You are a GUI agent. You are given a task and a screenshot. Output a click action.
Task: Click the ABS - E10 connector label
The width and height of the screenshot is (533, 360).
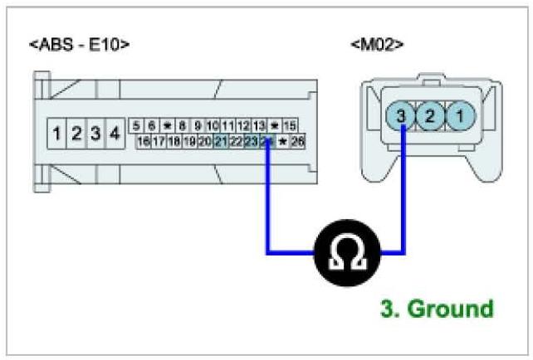pyautogui.click(x=79, y=44)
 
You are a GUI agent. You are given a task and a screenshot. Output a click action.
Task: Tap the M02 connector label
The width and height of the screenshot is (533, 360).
pyautogui.click(x=377, y=42)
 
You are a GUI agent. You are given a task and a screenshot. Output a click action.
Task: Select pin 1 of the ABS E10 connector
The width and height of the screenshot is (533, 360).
pyautogui.click(x=56, y=133)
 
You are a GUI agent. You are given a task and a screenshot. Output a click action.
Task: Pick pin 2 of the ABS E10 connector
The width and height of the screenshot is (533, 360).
pyautogui.click(x=76, y=133)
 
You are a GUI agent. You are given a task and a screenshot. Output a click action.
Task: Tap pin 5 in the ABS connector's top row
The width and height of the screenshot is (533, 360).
pyautogui.click(x=136, y=125)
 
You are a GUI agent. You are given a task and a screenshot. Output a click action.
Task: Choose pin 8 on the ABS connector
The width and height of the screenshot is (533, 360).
pyautogui.click(x=181, y=125)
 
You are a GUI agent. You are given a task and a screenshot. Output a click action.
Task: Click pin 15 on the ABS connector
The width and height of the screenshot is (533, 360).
pyautogui.click(x=290, y=125)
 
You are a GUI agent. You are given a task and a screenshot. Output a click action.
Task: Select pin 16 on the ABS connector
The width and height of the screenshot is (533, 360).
pyautogui.click(x=144, y=142)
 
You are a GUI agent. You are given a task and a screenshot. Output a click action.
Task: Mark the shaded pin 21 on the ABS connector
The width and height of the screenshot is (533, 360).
pyautogui.click(x=220, y=142)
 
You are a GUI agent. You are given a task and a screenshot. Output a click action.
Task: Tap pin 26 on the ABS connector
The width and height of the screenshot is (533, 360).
pyautogui.click(x=297, y=142)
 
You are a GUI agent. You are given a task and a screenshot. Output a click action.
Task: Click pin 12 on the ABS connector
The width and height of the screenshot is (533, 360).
pyautogui.click(x=243, y=125)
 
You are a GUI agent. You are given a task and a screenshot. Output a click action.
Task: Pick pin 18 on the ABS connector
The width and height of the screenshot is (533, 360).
pyautogui.click(x=174, y=142)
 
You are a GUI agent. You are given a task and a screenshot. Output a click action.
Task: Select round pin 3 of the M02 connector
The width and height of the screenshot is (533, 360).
pyautogui.click(x=402, y=116)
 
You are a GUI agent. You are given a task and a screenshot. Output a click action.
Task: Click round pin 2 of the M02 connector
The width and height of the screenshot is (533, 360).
pyautogui.click(x=430, y=116)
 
